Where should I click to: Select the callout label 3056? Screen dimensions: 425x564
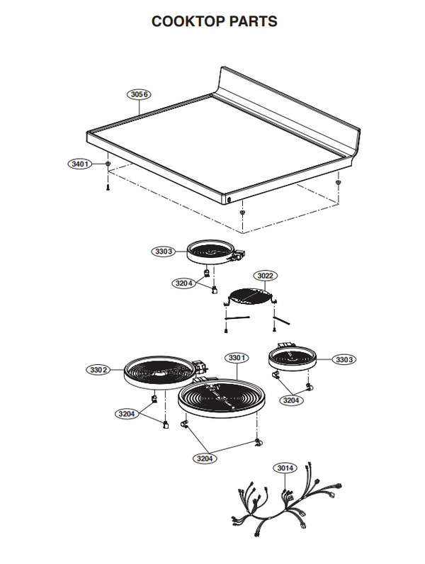[x=139, y=94]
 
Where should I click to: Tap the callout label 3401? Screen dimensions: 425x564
[x=80, y=164]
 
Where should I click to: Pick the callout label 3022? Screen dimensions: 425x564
[x=266, y=276]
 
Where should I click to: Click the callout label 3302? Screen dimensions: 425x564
[x=98, y=370]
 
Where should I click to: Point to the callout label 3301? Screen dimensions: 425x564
[x=237, y=358]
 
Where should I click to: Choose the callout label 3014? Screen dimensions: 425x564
[x=285, y=468]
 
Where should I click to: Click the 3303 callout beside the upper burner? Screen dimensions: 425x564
[x=164, y=252]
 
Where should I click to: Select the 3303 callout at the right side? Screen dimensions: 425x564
[x=344, y=359]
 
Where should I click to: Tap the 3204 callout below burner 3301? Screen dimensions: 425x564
[x=205, y=458]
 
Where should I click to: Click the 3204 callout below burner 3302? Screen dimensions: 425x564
[x=127, y=414]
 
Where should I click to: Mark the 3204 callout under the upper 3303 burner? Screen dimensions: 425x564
[x=184, y=283]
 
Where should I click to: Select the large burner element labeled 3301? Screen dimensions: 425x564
[x=222, y=398]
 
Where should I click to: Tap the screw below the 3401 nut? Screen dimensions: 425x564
[x=108, y=187]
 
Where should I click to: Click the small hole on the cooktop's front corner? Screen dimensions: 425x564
[x=229, y=199]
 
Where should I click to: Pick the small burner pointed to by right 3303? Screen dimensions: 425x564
[x=293, y=358]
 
